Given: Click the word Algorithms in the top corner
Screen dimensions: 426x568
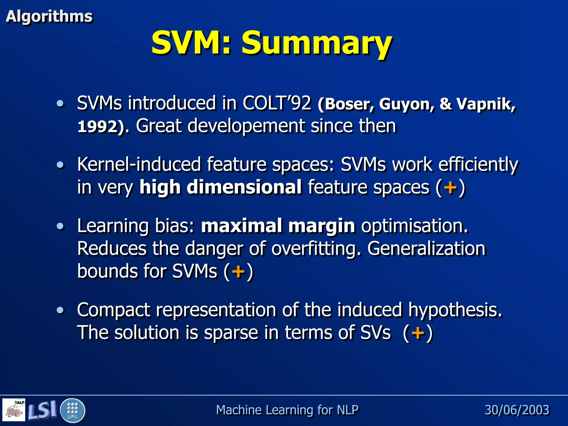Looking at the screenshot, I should click(x=49, y=16).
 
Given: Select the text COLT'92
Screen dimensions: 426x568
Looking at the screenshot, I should click(x=277, y=103).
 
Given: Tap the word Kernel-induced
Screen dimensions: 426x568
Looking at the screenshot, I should click(x=139, y=164).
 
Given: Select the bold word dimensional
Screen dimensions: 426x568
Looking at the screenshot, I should click(x=244, y=187).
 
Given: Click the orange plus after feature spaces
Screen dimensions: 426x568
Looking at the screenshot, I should click(x=450, y=187).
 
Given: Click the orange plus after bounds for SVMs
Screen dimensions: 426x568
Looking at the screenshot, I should click(x=238, y=271).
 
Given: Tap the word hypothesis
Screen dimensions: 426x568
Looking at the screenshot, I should click(x=455, y=310).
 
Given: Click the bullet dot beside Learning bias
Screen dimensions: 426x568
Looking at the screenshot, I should click(x=60, y=226).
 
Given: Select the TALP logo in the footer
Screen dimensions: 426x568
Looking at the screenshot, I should click(x=14, y=410).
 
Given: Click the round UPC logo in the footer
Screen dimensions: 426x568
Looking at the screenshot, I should click(x=72, y=410).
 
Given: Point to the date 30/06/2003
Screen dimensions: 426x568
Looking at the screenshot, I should click(x=517, y=410).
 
